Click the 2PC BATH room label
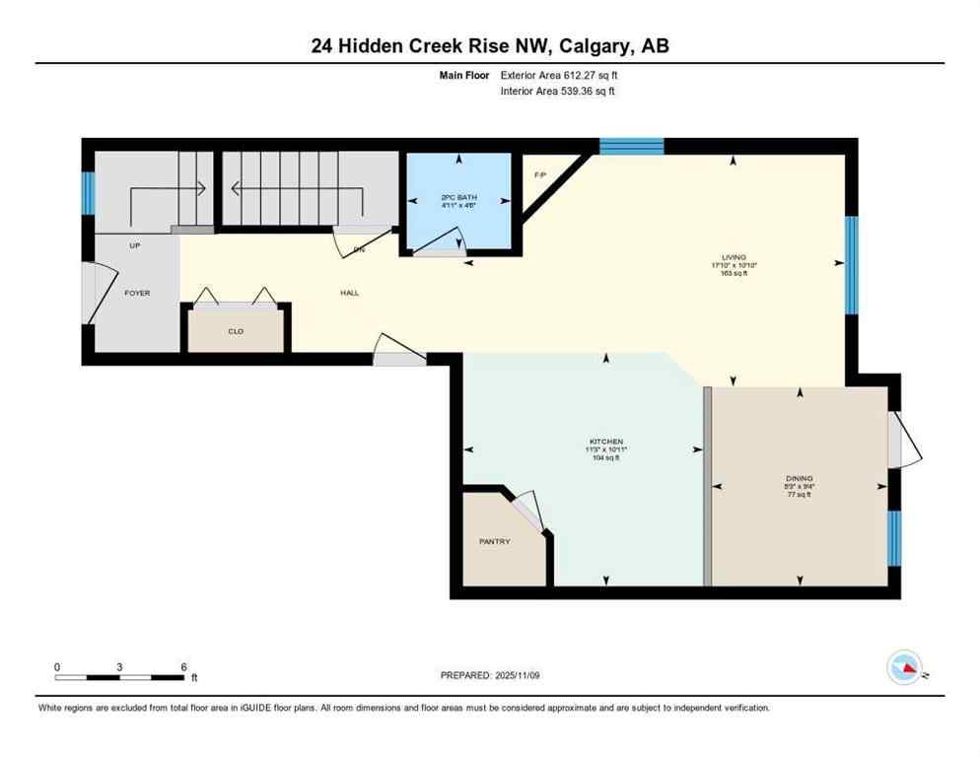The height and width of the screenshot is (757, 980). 457,197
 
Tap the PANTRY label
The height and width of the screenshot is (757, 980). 494,541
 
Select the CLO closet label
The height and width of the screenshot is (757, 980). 236,331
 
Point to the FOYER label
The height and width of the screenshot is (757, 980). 137,293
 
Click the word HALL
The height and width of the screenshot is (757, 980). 349,293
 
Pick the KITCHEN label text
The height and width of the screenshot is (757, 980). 606,441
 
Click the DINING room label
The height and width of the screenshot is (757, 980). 800,478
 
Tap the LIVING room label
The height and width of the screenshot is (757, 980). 734,256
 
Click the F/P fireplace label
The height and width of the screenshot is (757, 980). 539,174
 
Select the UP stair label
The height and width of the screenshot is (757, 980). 134,245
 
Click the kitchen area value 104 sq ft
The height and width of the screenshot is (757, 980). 606,458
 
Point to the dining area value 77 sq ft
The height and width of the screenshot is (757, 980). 800,495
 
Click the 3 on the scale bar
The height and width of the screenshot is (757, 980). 119,667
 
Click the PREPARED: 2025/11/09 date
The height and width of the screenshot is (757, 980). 490,675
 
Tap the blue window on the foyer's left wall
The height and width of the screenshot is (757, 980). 88,193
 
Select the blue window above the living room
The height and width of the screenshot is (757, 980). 631,147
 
